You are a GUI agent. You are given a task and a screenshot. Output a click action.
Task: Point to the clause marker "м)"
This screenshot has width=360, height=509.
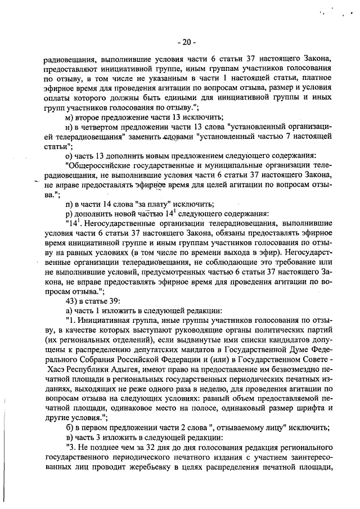(x=70, y=116)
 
